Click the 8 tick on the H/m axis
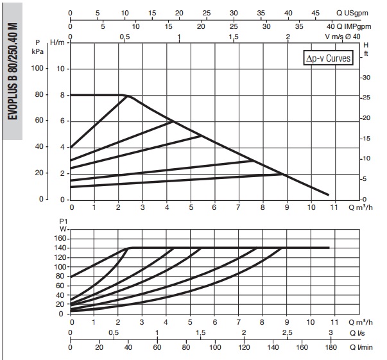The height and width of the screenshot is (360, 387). tap(63, 95)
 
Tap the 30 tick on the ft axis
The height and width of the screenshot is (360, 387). tap(367, 78)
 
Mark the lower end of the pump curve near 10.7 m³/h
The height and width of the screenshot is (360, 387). tap(328, 194)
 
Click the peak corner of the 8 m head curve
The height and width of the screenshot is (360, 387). tap(126, 96)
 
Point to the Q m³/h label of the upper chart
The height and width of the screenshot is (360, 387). tap(361, 207)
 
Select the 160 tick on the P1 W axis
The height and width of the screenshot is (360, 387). tap(59, 238)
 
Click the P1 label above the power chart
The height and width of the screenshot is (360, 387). tap(64, 221)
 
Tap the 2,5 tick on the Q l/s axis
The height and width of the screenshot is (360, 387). tap(287, 332)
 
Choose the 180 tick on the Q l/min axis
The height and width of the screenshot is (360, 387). tap(331, 347)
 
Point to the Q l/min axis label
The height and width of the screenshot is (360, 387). tap(361, 347)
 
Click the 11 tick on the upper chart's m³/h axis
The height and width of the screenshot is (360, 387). tap(334, 207)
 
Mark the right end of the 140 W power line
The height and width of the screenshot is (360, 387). tap(329, 247)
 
